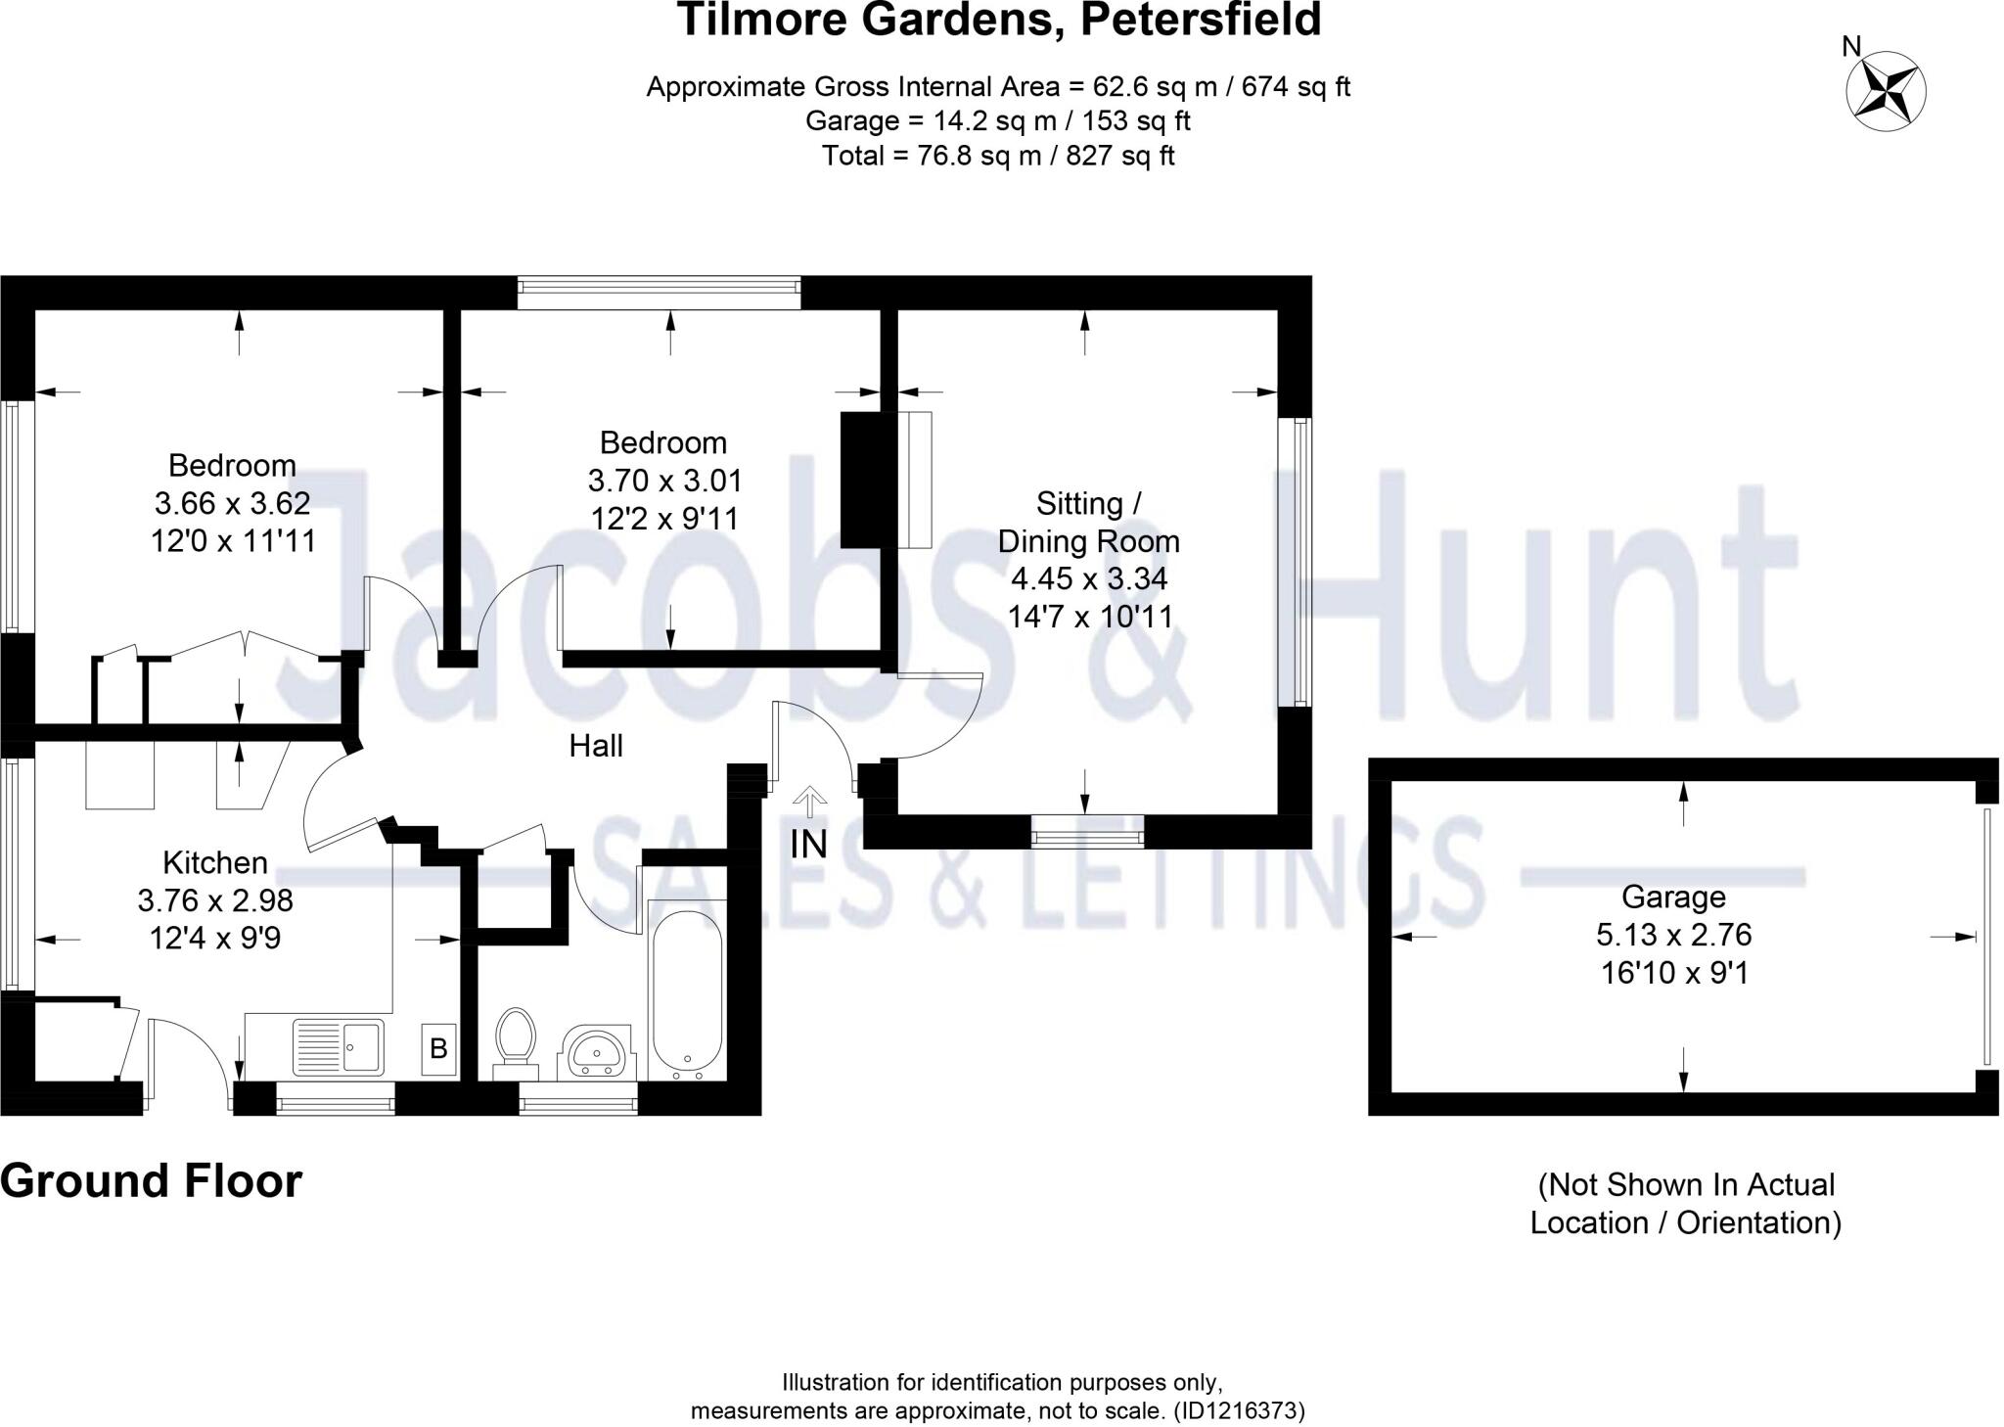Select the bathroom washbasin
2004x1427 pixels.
[x=597, y=1053]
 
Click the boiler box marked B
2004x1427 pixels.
[x=439, y=1049]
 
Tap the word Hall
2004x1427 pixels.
[x=596, y=746]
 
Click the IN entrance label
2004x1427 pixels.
[x=808, y=844]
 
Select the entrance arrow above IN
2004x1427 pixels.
[x=808, y=801]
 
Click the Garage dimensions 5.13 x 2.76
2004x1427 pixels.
[x=1673, y=935]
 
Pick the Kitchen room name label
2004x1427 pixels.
[x=215, y=862]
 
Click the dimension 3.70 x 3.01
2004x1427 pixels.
[x=664, y=481]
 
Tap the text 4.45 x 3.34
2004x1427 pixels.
[x=1088, y=578]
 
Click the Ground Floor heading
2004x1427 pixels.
[x=152, y=1181]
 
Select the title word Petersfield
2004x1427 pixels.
[x=1201, y=20]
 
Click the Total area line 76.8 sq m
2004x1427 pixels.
[x=997, y=156]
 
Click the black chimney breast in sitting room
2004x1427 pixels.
[x=861, y=480]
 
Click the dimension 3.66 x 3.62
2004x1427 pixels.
[x=233, y=503]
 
